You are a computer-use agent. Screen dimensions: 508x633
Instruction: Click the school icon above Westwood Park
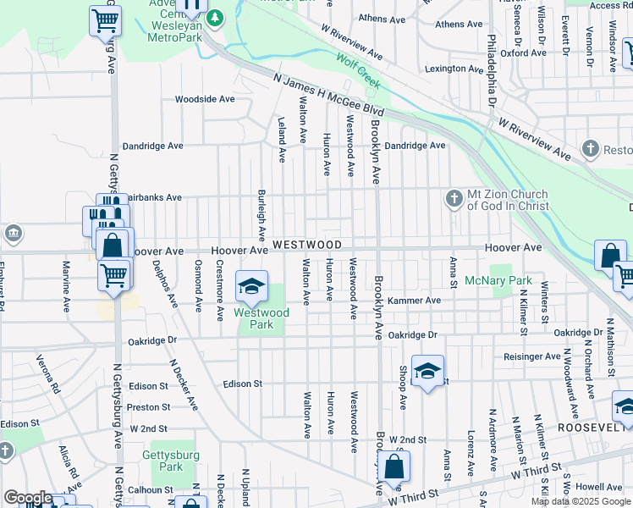[x=250, y=288]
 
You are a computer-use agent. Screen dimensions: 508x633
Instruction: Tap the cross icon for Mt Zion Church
[x=454, y=199]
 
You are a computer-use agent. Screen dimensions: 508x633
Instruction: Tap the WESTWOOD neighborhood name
[x=307, y=245]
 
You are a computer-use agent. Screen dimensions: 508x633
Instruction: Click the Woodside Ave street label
[x=204, y=99]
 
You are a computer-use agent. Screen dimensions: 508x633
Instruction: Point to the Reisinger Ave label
[x=532, y=356]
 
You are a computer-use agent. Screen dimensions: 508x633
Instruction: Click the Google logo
[x=27, y=498]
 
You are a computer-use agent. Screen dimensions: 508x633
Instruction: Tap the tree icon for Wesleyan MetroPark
[x=216, y=17]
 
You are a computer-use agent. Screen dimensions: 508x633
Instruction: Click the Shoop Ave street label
[x=403, y=388]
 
